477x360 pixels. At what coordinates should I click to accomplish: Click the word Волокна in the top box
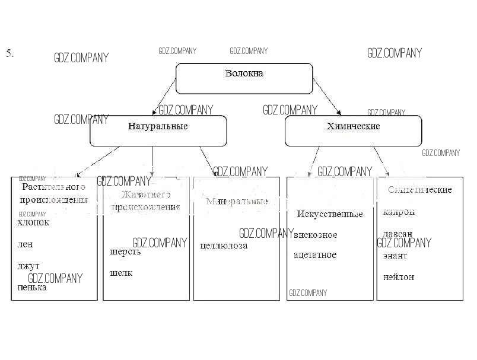244,74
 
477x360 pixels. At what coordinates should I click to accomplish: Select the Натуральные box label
158,126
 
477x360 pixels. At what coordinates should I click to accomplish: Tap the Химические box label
353,126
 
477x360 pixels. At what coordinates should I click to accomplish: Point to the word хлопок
34,223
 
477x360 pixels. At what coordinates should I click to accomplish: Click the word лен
26,244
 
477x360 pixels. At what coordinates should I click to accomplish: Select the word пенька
33,288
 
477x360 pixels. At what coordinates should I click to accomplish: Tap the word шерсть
126,251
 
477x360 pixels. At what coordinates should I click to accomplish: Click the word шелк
122,273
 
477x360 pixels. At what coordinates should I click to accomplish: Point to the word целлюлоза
224,245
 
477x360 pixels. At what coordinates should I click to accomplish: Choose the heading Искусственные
330,214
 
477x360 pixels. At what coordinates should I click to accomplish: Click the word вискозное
316,235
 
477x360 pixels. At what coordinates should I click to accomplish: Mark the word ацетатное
315,255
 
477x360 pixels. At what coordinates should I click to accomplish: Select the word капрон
399,212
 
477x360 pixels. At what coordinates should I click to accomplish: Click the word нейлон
399,277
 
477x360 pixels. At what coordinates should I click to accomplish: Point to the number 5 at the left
9,53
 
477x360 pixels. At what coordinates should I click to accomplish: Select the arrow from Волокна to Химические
327,98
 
